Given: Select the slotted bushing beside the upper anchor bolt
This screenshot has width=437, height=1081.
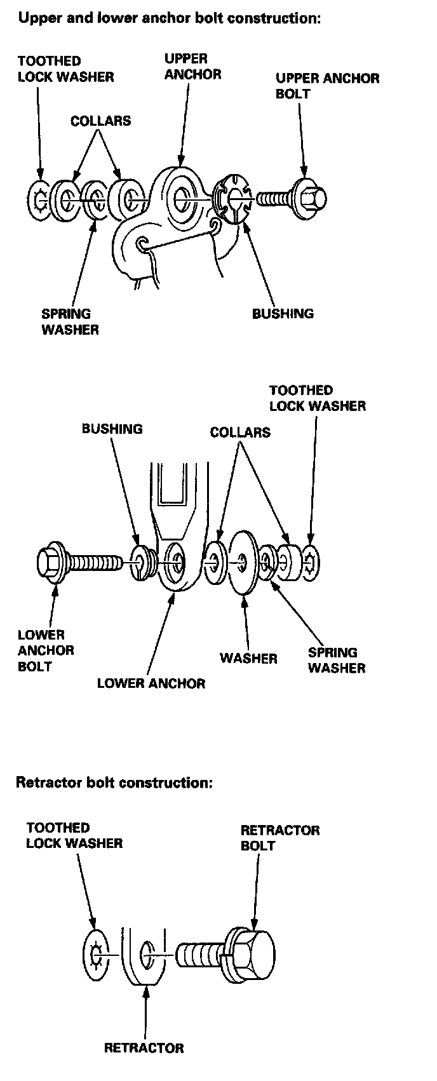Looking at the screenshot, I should point(231,198).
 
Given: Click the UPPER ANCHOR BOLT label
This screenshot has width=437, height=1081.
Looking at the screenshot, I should point(327,86).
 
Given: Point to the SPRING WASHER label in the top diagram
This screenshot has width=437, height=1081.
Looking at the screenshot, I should point(70,321).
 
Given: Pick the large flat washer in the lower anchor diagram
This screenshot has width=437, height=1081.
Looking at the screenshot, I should point(243,562).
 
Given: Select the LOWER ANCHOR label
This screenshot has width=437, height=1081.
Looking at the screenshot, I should point(151,683).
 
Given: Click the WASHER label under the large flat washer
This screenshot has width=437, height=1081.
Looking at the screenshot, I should point(248,658).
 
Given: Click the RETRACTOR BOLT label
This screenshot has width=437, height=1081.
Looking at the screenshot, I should point(279,838).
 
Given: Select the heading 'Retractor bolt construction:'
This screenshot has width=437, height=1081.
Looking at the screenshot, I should point(114,782).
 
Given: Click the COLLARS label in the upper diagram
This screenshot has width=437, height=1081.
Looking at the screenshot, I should point(100,121).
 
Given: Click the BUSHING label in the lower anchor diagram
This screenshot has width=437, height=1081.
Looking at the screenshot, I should point(112,429).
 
